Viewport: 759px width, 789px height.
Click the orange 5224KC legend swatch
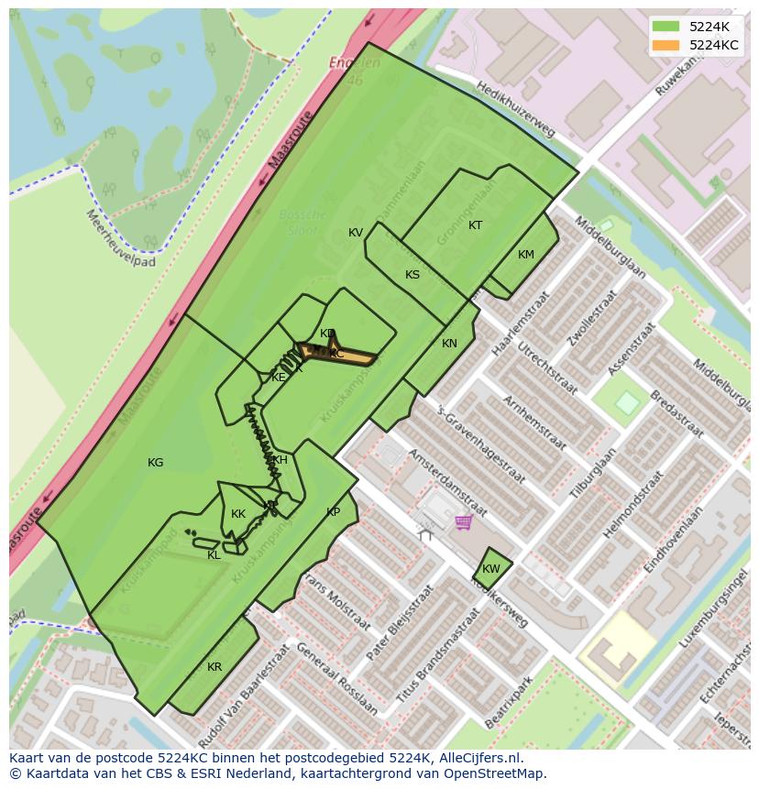(666, 45)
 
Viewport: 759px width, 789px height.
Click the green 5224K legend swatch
(666, 27)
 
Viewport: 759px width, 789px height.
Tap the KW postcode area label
(491, 569)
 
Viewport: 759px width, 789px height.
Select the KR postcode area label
(214, 667)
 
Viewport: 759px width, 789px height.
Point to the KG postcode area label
(156, 463)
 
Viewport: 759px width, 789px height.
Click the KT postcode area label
(475, 225)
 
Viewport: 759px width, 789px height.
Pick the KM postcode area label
(525, 255)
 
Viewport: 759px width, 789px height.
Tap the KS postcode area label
(412, 275)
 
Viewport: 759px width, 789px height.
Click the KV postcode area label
(356, 233)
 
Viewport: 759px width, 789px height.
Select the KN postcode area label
(449, 344)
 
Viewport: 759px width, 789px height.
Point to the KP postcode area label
(333, 512)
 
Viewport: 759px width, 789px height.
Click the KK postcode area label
(238, 514)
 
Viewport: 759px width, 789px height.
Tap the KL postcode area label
(214, 555)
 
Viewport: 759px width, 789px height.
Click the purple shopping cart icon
(464, 521)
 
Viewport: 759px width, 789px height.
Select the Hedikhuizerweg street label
(515, 108)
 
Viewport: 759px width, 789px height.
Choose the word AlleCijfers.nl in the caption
(478, 758)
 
